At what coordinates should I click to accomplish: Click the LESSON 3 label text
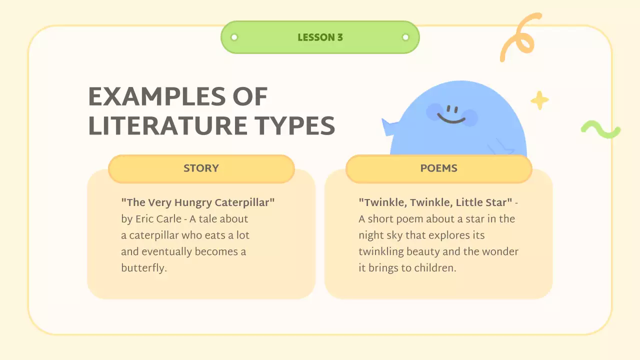click(320, 37)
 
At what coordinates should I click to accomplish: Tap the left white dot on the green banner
click(234, 37)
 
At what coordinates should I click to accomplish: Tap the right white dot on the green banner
click(405, 37)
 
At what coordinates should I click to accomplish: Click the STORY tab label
click(201, 168)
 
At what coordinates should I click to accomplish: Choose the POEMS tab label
click(438, 168)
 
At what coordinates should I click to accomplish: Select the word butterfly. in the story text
click(143, 268)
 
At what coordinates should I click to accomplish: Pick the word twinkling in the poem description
click(381, 251)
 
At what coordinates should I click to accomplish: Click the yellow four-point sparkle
click(539, 100)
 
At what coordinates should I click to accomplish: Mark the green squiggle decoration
click(600, 130)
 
